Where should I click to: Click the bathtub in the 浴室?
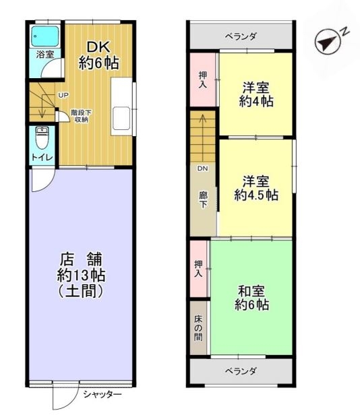pyautogui.click(x=45, y=36)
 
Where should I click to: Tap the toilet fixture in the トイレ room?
pyautogui.click(x=42, y=138)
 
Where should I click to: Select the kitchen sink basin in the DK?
pyautogui.click(x=121, y=119)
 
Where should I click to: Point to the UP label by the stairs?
pyautogui.click(x=63, y=95)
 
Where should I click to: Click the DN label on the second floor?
pyautogui.click(x=202, y=168)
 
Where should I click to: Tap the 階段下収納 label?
pyautogui.click(x=81, y=116)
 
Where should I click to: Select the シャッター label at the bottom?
pyautogui.click(x=102, y=395)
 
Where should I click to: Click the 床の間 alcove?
pyautogui.click(x=198, y=327)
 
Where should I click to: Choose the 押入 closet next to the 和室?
pyautogui.click(x=199, y=268)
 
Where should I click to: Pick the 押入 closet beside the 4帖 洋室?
pyautogui.click(x=203, y=79)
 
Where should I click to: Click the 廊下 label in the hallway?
pyautogui.click(x=203, y=200)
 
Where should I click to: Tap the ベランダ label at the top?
pyautogui.click(x=241, y=36)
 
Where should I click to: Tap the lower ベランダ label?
pyautogui.click(x=241, y=371)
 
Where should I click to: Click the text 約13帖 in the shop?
pyautogui.click(x=81, y=276)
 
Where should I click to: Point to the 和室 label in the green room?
pyautogui.click(x=251, y=291)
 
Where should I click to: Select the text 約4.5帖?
pyautogui.click(x=256, y=195)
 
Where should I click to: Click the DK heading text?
pyautogui.click(x=98, y=47)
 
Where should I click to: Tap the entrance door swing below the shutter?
pyautogui.click(x=65, y=396)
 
